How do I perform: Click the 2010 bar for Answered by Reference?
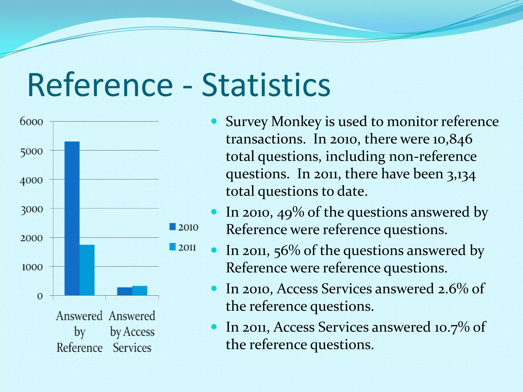72,218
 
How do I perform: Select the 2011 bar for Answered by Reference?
87,270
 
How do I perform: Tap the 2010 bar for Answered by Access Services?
125,291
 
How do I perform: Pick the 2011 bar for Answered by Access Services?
140,291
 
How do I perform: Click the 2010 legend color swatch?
173,227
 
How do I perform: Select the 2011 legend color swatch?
173,247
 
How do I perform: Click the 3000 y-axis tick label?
31,210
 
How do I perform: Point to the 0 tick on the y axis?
40,296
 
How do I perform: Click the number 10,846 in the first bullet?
452,139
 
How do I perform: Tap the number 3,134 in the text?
461,175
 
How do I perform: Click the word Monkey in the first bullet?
296,122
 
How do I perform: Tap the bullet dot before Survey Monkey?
214,121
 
